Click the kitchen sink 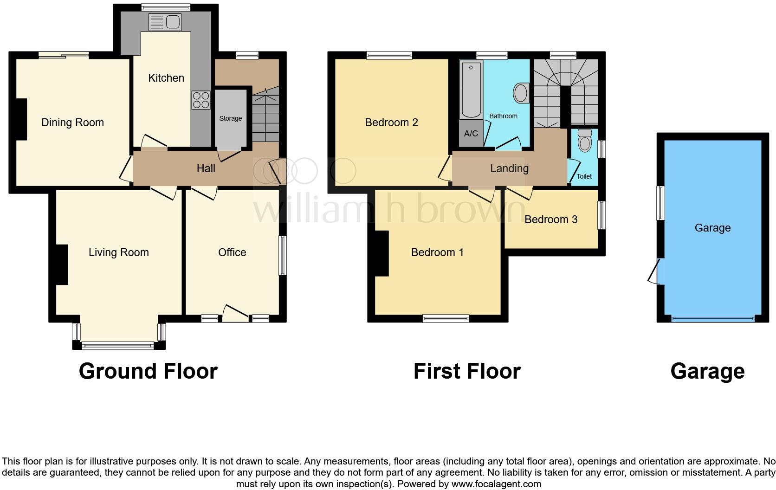(165, 22)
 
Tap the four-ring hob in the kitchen (200, 100)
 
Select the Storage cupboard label (231, 118)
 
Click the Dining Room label (72, 122)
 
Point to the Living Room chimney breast (62, 264)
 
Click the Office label (232, 252)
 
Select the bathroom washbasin (522, 93)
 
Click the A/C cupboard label (471, 134)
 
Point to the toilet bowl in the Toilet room (585, 141)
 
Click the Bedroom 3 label (551, 219)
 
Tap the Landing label (509, 168)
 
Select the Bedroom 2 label (391, 122)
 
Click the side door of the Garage (655, 272)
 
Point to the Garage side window (660, 203)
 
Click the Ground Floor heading (148, 371)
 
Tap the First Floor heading (467, 371)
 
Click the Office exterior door (235, 314)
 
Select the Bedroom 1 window (446, 318)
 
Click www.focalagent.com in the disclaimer (496, 484)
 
